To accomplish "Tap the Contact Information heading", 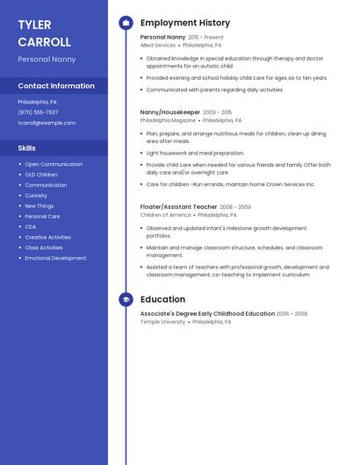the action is pyautogui.click(x=56, y=86).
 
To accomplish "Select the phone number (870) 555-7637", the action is pyautogui.click(x=38, y=112).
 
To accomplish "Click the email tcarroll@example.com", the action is pyautogui.click(x=47, y=123).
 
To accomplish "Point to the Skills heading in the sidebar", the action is pyautogui.click(x=26, y=148).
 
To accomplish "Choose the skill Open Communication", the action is pyautogui.click(x=54, y=164).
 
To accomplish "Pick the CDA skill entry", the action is pyautogui.click(x=30, y=226).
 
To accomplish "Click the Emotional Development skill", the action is pyautogui.click(x=55, y=258).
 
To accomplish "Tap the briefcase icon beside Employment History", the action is pyautogui.click(x=126, y=23).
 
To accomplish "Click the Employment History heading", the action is pyautogui.click(x=185, y=23).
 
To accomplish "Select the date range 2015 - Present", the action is pyautogui.click(x=206, y=38).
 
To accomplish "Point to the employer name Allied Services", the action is pyautogui.click(x=158, y=45).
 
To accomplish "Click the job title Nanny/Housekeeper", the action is pyautogui.click(x=170, y=112).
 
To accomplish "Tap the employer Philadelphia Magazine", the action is pyautogui.click(x=169, y=120).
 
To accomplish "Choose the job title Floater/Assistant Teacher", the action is pyautogui.click(x=178, y=207).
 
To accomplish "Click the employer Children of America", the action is pyautogui.click(x=165, y=215).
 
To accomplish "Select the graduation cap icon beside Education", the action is pyautogui.click(x=126, y=299).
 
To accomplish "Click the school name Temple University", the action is pyautogui.click(x=163, y=322).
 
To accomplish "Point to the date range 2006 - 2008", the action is pyautogui.click(x=292, y=313).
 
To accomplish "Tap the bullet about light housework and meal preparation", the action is pyautogui.click(x=195, y=153).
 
